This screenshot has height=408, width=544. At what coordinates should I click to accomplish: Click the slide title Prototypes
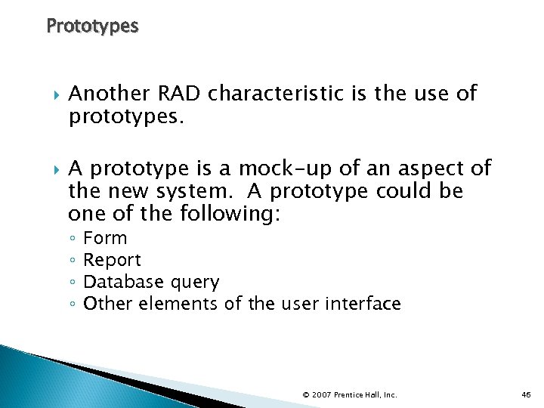(x=92, y=26)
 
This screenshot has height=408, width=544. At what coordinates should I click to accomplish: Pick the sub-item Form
(x=105, y=238)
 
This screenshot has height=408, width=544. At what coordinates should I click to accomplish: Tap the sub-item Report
(x=112, y=261)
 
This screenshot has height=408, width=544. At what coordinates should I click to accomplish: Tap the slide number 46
(x=527, y=394)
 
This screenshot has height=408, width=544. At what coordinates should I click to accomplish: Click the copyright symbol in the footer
(x=305, y=394)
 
